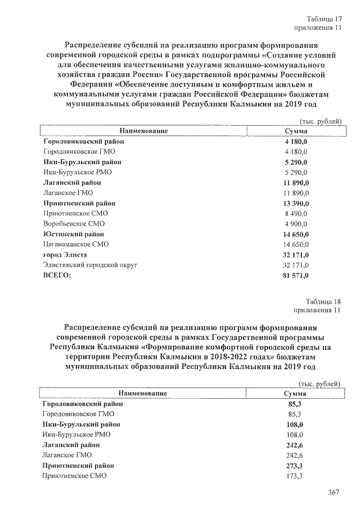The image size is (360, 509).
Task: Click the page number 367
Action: (x=334, y=493)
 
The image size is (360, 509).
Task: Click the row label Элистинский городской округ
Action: (x=90, y=265)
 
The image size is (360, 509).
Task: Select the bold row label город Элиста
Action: (x=65, y=255)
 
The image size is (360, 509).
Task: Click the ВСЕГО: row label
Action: (x=58, y=275)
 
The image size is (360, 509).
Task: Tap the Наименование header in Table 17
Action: (x=143, y=131)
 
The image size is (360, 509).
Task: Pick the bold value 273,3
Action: (x=295, y=466)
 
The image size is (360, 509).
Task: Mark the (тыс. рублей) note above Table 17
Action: (x=321, y=121)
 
